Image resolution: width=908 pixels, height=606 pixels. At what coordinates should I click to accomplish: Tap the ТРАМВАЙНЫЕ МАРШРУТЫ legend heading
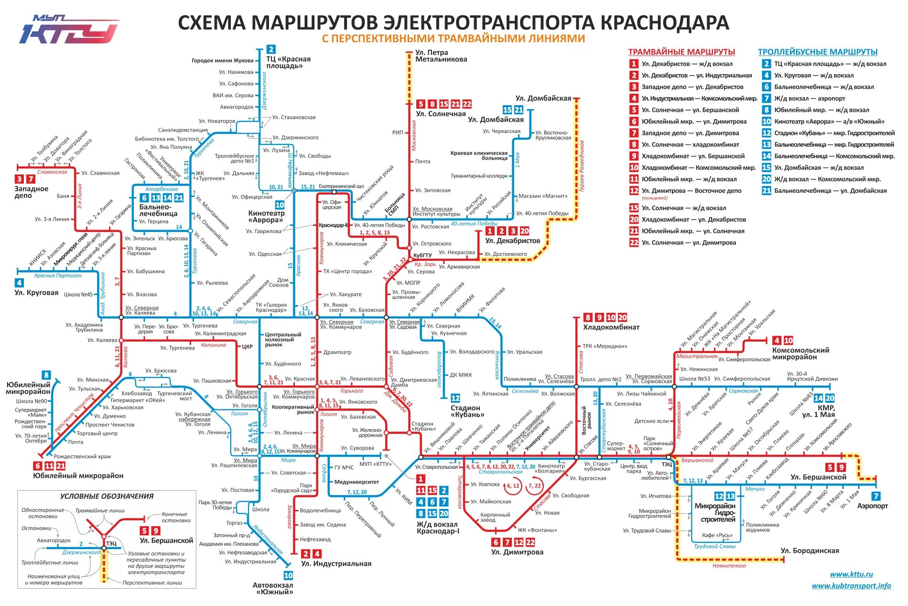pyautogui.click(x=681, y=52)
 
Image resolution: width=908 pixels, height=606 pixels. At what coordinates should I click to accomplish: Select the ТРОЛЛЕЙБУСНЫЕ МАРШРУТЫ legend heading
pyautogui.click(x=817, y=52)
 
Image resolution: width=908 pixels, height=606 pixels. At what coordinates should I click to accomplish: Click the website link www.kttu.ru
pyautogui.click(x=851, y=574)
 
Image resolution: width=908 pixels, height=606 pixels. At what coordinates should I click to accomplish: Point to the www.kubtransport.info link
pyautogui.click(x=851, y=585)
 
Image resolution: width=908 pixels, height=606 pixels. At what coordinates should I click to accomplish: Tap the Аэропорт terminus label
pyautogui.click(x=873, y=506)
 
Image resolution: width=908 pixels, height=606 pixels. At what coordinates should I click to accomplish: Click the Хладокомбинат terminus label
pyautogui.click(x=611, y=328)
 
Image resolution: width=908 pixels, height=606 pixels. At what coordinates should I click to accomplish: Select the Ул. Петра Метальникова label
pyautogui.click(x=441, y=56)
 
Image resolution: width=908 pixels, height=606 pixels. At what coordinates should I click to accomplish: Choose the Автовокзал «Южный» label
pyautogui.click(x=273, y=588)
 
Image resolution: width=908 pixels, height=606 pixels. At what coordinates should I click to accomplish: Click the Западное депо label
pyautogui.click(x=32, y=192)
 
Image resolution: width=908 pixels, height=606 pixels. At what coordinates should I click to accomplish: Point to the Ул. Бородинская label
pyautogui.click(x=810, y=551)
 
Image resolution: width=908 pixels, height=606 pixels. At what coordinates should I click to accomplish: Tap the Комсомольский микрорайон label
pyautogui.click(x=800, y=353)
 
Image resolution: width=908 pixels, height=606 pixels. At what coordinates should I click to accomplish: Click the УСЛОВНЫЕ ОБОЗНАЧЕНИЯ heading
pyautogui.click(x=107, y=496)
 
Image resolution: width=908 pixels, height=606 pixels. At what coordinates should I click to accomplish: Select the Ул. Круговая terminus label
pyautogui.click(x=36, y=293)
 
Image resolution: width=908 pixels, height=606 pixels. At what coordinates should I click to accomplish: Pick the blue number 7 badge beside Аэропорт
pyautogui.click(x=876, y=496)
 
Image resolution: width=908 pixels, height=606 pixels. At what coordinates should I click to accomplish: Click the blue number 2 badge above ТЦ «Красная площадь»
pyautogui.click(x=271, y=49)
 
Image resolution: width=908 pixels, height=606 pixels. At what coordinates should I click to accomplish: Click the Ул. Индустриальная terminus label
pyautogui.click(x=336, y=564)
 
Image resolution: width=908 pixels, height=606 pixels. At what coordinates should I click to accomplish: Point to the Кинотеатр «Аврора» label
pyautogui.click(x=266, y=217)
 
